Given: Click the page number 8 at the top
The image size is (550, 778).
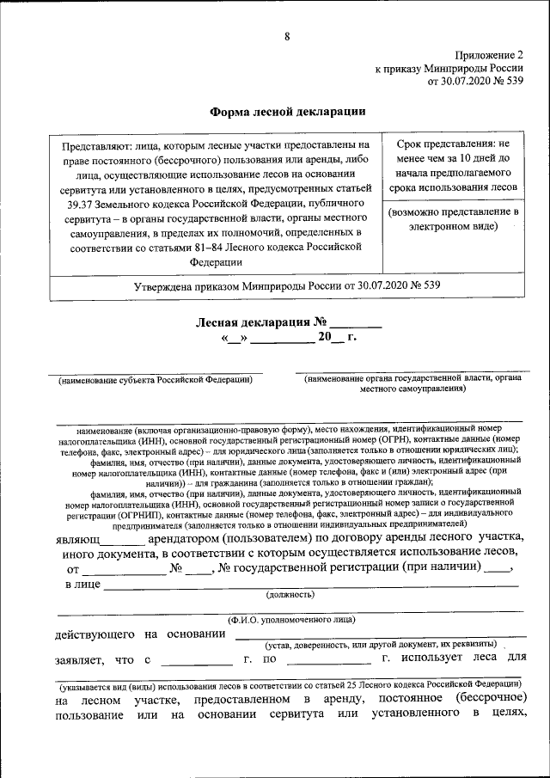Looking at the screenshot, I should (x=288, y=35).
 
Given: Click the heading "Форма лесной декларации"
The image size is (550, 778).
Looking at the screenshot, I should (x=288, y=111).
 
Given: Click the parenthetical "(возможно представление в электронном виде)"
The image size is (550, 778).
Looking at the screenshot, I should (x=454, y=218).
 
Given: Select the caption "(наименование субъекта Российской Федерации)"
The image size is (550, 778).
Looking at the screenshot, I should (x=155, y=379).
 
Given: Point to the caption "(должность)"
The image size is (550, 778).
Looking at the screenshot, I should (x=290, y=594).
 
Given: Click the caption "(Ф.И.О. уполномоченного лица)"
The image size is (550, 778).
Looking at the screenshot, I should (x=290, y=620).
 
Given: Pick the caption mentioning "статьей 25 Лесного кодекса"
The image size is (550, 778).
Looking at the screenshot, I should (x=287, y=688).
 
